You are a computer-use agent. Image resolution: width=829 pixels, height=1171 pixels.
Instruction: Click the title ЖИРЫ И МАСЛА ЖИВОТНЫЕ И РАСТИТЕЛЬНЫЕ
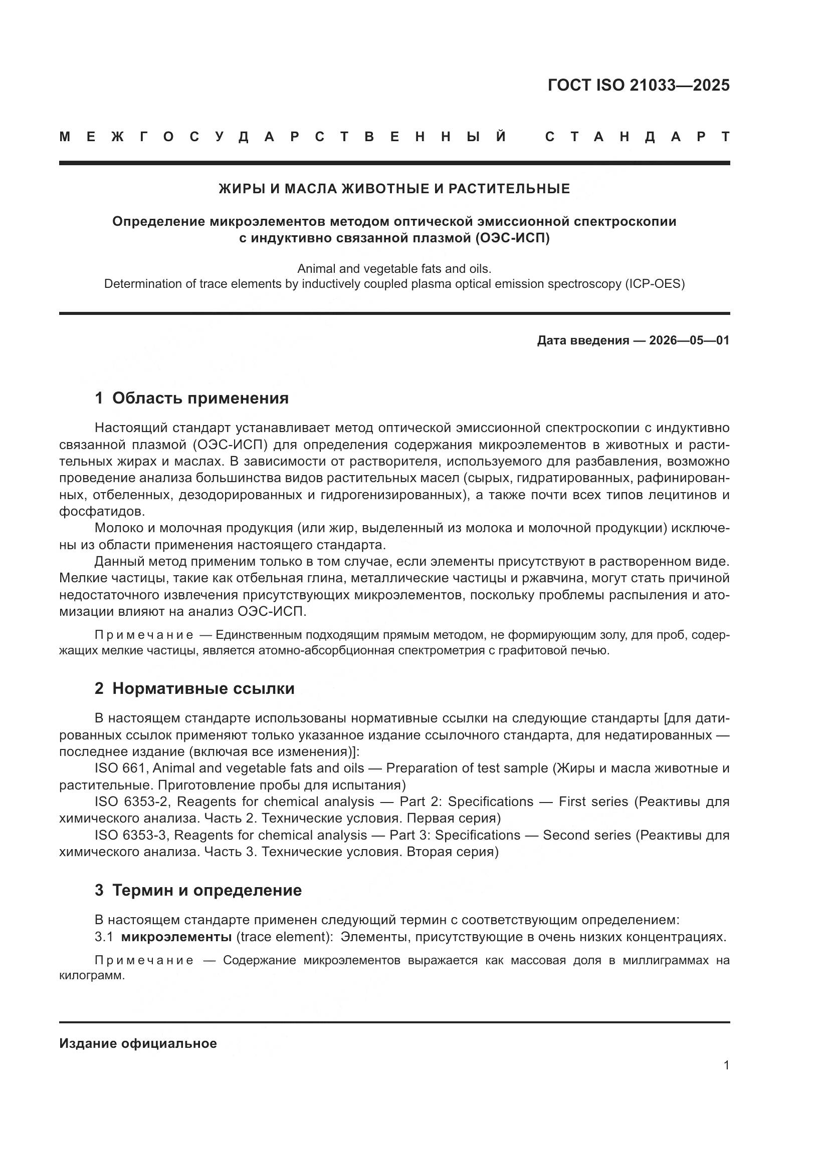pos(394,189)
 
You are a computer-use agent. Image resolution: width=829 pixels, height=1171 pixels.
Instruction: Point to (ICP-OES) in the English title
pos(654,284)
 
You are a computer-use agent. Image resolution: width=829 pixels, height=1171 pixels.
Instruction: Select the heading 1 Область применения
pos(191,399)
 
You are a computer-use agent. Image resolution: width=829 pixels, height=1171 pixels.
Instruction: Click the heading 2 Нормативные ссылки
pos(194,689)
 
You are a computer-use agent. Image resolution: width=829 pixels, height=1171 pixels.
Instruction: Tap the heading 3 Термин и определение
pos(198,891)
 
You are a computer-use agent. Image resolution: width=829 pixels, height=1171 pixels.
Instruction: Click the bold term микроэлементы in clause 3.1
pos(176,937)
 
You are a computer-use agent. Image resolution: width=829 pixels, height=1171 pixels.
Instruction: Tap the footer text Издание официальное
pos(138,1040)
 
